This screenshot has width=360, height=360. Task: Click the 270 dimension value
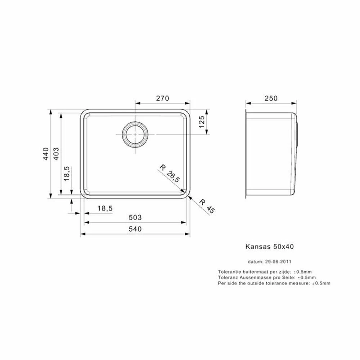click(163, 98)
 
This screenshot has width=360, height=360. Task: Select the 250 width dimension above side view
click(271, 98)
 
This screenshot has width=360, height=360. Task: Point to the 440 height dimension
click(46, 154)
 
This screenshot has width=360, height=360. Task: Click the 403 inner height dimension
click(56, 154)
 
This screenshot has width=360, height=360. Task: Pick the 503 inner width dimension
click(135, 217)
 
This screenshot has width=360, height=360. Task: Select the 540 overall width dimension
click(135, 229)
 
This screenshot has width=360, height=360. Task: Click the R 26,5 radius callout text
click(170, 174)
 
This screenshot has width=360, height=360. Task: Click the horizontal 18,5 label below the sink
click(105, 208)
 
